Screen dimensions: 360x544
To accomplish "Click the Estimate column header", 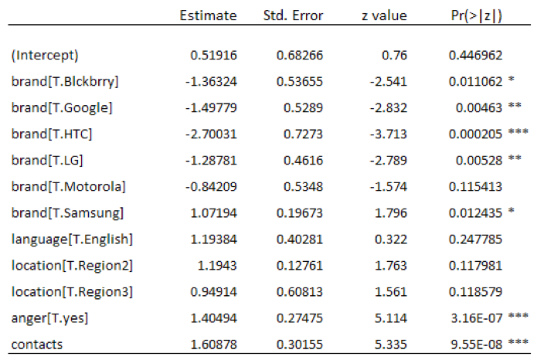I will click(202, 15).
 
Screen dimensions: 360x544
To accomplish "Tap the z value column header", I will click(383, 15).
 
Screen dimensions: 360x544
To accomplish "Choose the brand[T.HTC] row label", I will click(53, 134).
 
